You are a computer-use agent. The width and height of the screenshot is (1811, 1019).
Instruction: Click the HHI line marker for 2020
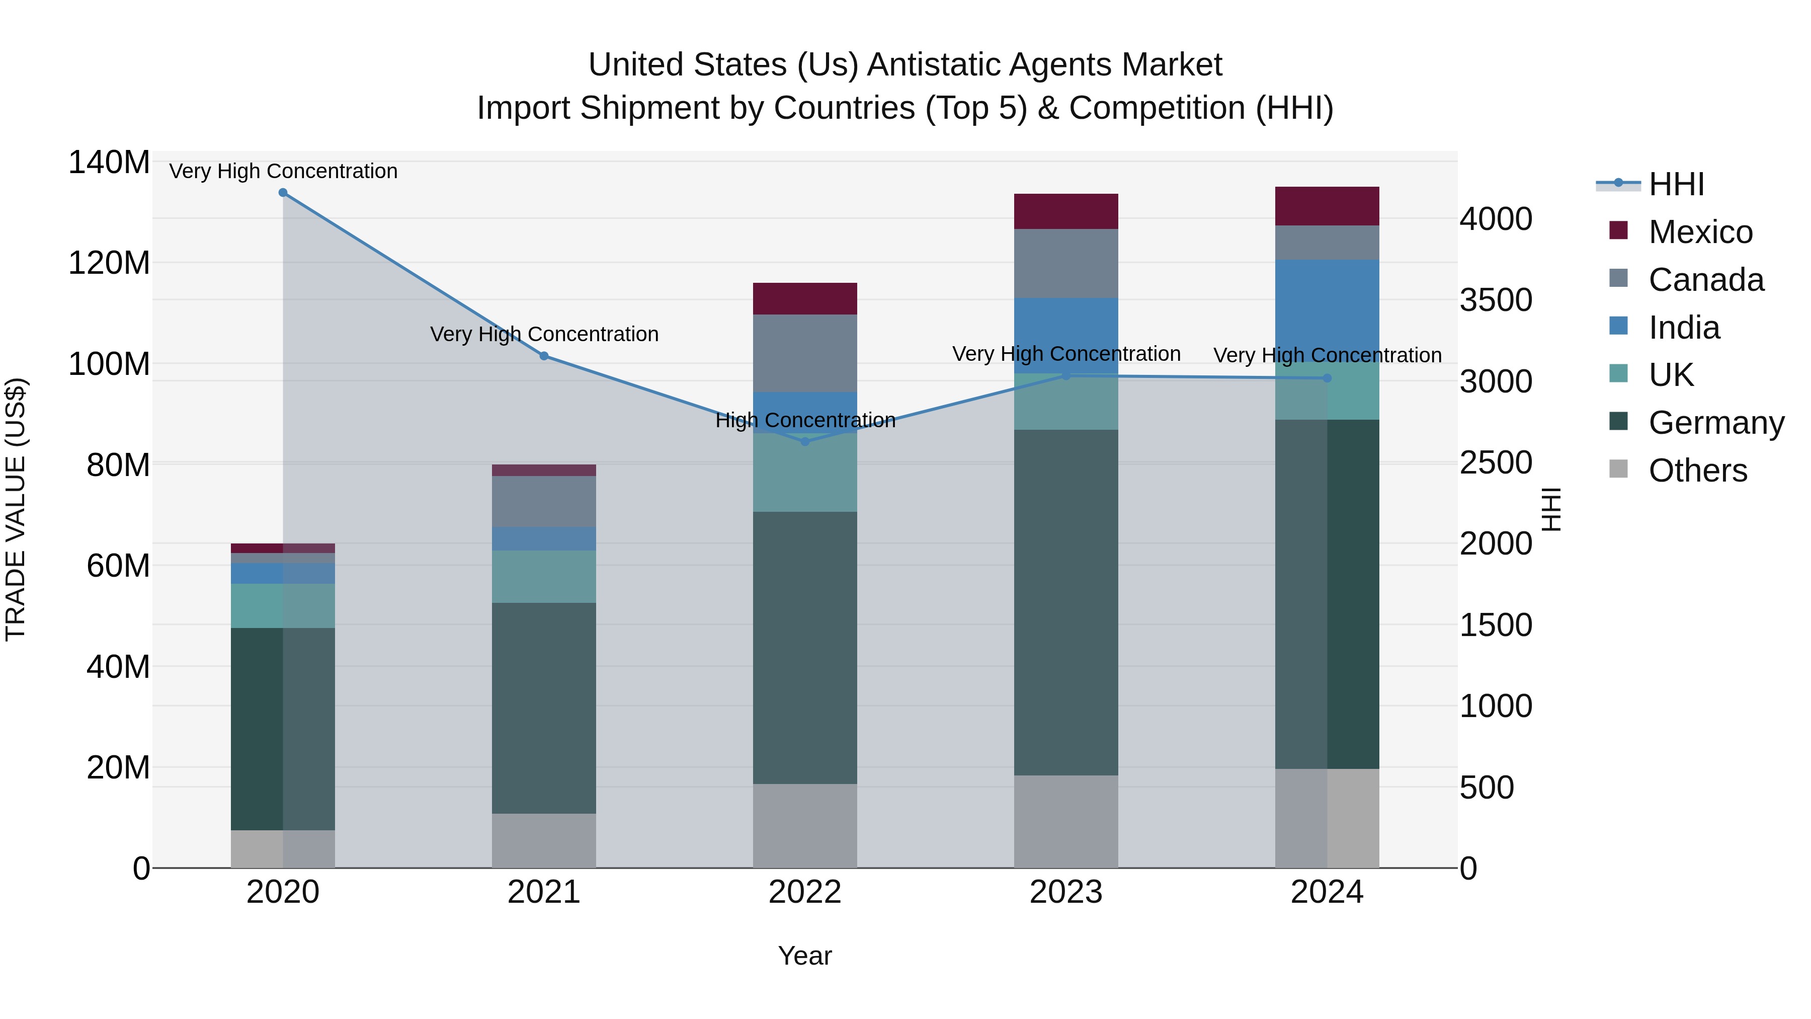[283, 193]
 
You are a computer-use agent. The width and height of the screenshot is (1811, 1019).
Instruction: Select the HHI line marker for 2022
[805, 442]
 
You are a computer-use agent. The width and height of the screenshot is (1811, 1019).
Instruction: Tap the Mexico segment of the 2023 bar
[1066, 211]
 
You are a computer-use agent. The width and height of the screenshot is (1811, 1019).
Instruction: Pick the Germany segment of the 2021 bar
[543, 708]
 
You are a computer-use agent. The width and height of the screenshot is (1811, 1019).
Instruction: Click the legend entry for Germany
[1715, 423]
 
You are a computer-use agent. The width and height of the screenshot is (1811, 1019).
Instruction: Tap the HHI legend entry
[1676, 184]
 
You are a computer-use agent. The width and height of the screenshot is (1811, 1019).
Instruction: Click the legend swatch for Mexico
[1618, 230]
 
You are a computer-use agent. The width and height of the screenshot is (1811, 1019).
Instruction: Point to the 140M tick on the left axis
[109, 163]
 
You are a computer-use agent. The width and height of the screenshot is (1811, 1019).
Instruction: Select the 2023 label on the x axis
[1066, 892]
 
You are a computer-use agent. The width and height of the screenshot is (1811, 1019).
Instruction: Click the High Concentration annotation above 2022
[805, 421]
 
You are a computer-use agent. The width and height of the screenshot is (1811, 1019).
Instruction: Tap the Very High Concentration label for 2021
[543, 334]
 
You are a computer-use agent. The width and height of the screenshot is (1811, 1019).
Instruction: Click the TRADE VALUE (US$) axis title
[16, 509]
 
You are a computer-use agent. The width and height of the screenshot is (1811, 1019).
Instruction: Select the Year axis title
[805, 956]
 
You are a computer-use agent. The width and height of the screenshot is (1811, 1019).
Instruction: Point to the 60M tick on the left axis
[118, 566]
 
